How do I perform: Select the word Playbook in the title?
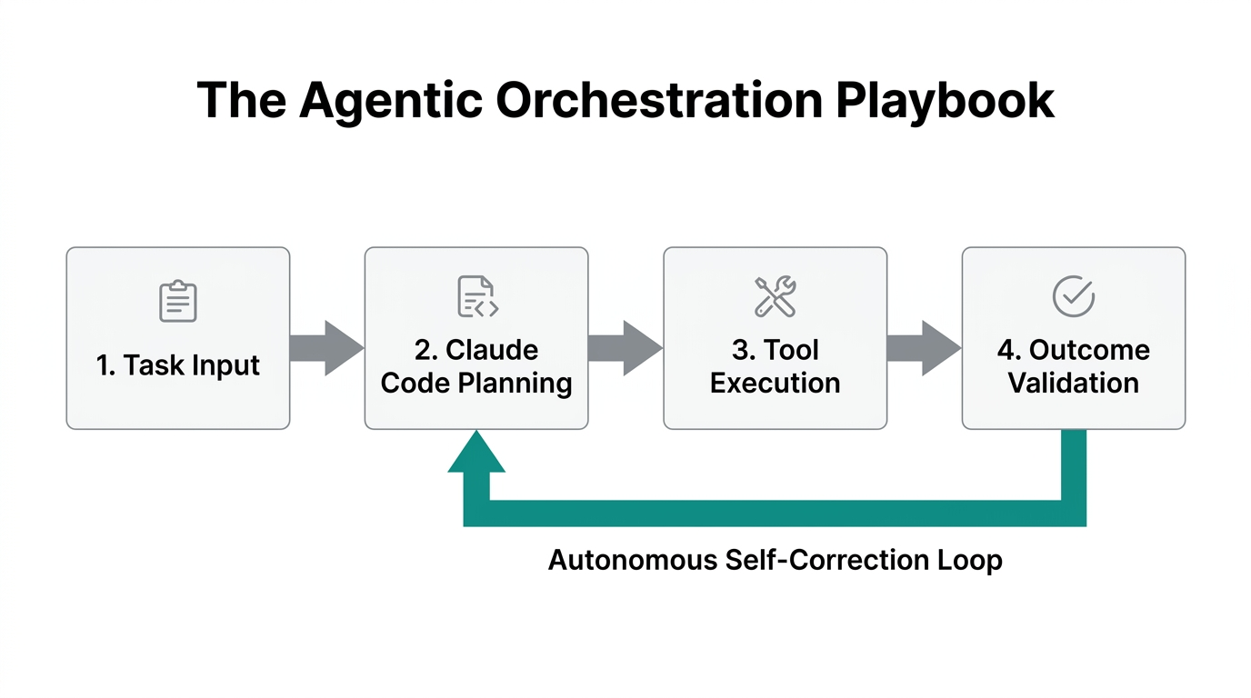coord(946,101)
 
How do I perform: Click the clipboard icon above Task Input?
coord(178,301)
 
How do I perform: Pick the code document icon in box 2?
coord(476,297)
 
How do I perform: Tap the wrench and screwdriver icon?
coord(775,297)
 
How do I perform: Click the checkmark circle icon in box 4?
coord(1073,297)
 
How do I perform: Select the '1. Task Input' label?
coord(178,365)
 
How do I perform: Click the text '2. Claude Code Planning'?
coord(476,366)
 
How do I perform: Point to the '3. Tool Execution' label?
coord(775,366)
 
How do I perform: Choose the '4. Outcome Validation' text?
coord(1073,366)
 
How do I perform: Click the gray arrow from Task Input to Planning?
coord(326,347)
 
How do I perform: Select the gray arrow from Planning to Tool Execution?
coord(625,347)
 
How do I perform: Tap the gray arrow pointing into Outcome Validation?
coord(924,347)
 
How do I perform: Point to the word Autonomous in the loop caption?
coord(633,560)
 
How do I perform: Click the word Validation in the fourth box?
coord(1073,383)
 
